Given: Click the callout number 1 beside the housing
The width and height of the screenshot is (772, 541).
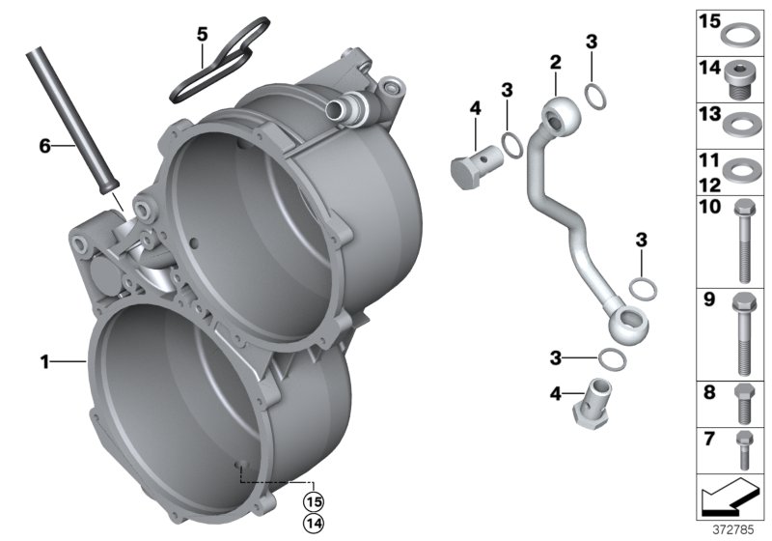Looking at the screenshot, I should click(x=44, y=362).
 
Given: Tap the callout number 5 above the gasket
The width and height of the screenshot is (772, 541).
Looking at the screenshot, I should click(x=203, y=34).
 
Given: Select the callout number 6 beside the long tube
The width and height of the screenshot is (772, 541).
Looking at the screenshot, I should click(x=44, y=146).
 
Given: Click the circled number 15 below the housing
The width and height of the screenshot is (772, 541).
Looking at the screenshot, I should click(x=312, y=501).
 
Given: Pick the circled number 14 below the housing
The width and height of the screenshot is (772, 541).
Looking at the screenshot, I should click(x=312, y=523).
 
